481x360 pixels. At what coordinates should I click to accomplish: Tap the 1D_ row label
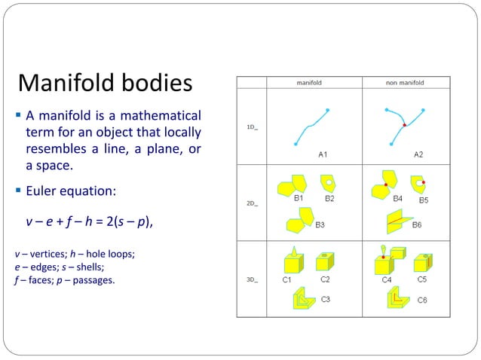[x=253, y=127]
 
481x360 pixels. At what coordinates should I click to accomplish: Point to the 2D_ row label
[x=253, y=203]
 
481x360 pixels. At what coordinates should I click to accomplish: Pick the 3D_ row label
[x=253, y=279]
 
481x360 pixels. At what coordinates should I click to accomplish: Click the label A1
[x=322, y=153]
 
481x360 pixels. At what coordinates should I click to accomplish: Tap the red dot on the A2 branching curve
[x=404, y=125]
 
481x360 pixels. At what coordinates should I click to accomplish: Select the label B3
[x=320, y=224]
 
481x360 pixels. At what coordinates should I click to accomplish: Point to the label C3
[x=326, y=299]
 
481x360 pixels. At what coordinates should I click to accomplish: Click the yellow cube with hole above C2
[x=325, y=261]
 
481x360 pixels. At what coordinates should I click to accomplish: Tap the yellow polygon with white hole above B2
[x=328, y=182]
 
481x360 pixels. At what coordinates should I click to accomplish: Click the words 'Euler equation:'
[x=70, y=191]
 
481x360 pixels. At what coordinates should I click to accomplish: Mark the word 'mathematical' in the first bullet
[x=163, y=117]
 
